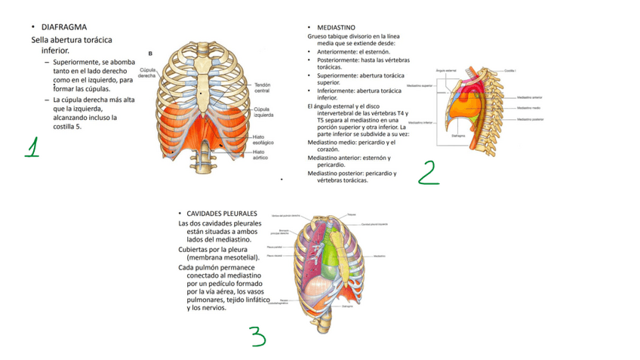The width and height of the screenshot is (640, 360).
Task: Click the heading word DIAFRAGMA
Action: click(64, 27)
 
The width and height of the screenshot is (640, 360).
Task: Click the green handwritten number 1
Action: click(31, 147)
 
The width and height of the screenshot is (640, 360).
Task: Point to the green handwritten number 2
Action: click(428, 172)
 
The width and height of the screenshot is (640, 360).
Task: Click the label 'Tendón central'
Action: click(262, 88)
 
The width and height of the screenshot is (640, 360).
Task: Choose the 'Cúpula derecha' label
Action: click(148, 72)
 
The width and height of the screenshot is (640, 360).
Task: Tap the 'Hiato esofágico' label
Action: click(263, 139)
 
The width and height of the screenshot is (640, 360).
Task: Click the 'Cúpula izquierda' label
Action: click(263, 112)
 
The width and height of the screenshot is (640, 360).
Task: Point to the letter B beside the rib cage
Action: click(150, 54)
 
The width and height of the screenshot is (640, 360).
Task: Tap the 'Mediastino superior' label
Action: click(420, 87)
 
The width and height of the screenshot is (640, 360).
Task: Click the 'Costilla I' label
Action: click(511, 69)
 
